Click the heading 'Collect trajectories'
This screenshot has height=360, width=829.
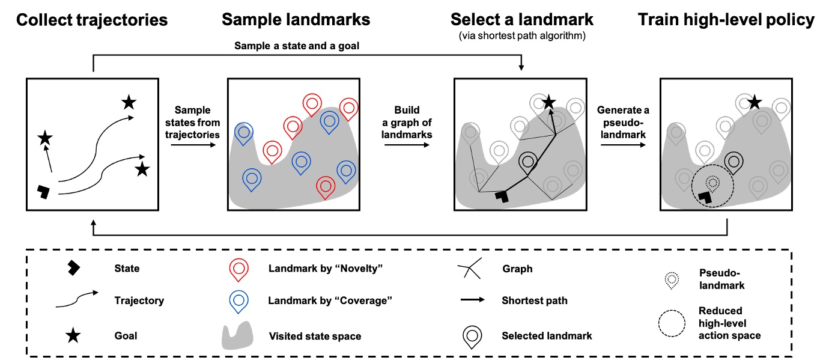click(92, 20)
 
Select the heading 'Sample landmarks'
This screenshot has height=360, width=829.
click(296, 20)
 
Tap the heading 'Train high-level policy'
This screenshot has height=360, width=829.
click(726, 20)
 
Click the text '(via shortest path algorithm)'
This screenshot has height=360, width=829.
click(522, 36)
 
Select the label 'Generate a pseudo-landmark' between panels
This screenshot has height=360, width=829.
click(622, 123)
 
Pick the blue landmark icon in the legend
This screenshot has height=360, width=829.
click(238, 301)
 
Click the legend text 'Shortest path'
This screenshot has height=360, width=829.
click(535, 301)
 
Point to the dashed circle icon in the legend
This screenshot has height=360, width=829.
click(672, 325)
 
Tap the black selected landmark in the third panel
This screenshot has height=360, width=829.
click(528, 161)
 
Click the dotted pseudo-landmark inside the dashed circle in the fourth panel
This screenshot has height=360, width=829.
click(712, 181)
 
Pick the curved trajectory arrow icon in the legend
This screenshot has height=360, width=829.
click(76, 299)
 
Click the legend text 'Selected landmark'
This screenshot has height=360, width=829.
click(547, 335)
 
